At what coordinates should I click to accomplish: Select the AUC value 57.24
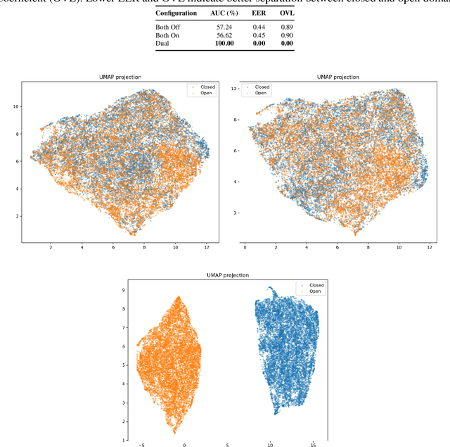pos(242,26)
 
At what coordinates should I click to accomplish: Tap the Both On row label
pos(169,34)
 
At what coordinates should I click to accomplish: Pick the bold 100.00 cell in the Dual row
pos(241,43)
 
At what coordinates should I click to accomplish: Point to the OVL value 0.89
pos(288,26)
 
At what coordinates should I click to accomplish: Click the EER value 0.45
pos(266,34)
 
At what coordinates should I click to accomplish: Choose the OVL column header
pos(288,13)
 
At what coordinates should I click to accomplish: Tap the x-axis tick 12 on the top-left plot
pos(207,248)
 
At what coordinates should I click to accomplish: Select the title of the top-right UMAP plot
pos(337,76)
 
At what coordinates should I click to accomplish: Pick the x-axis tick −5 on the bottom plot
pos(141,445)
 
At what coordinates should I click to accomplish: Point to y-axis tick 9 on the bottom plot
pos(124,289)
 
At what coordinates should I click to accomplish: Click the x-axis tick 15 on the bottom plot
pos(314,445)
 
